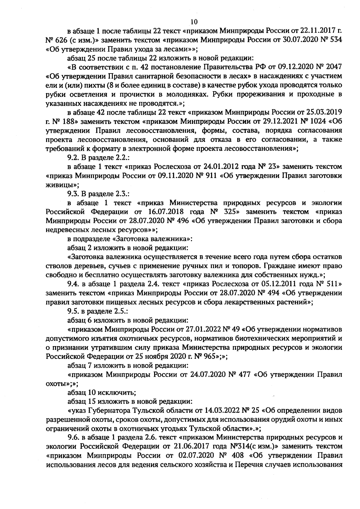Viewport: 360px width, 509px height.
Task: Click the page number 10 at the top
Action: [194, 22]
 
